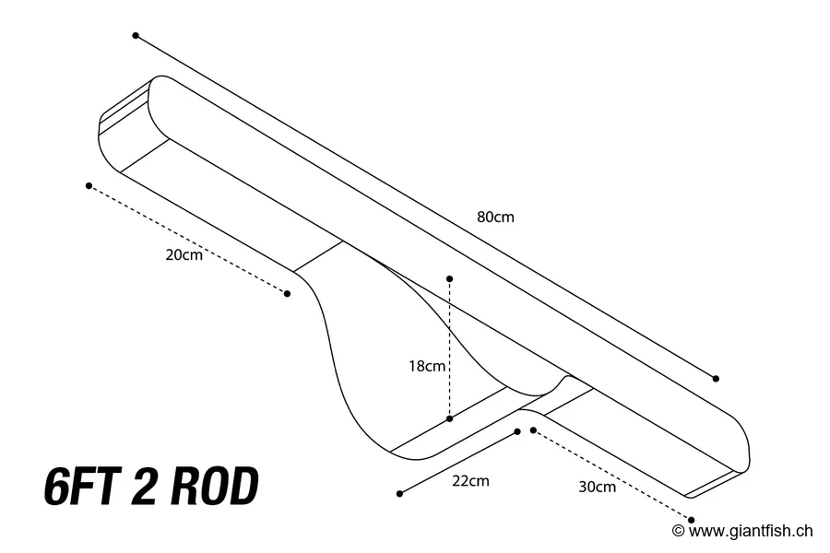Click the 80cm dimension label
(x=495, y=218)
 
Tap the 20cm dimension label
(x=184, y=255)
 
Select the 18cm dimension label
(x=427, y=366)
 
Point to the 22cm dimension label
(x=470, y=480)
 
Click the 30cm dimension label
(x=597, y=487)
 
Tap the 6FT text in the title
(x=84, y=488)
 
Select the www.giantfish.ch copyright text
(x=751, y=530)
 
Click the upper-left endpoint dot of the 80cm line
(x=136, y=36)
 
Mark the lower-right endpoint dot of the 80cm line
(x=716, y=378)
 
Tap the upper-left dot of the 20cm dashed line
(x=89, y=185)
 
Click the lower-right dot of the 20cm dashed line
(x=287, y=294)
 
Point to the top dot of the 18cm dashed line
(x=449, y=277)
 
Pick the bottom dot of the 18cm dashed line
(x=449, y=418)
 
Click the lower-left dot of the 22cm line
(x=399, y=494)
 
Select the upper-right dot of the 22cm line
(x=517, y=431)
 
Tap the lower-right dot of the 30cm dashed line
(x=692, y=520)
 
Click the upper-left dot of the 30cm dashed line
(x=533, y=430)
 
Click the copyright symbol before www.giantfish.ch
(x=678, y=530)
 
